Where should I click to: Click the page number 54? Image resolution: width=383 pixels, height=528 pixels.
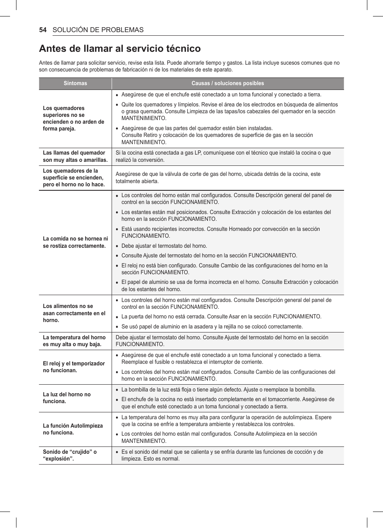43,30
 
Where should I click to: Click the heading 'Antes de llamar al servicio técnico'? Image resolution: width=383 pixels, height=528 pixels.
120,49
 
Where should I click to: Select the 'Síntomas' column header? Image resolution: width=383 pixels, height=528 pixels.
75,84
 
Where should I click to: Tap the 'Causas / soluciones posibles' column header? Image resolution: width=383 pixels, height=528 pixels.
228,84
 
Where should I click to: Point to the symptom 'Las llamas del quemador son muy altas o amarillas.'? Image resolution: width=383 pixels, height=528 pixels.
75,156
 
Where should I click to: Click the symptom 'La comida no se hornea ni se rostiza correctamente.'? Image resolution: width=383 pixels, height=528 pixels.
75,242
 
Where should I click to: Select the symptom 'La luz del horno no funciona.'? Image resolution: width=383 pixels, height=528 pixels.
67,398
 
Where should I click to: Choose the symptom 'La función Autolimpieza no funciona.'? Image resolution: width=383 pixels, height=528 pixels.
73,429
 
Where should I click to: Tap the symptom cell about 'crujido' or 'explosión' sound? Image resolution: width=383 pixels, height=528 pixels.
70,455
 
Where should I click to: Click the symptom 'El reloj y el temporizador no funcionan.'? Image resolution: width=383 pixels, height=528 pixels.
73,367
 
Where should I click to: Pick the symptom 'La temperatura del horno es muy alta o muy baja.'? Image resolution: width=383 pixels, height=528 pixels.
74,341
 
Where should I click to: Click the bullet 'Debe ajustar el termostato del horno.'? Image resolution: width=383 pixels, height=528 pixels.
164,246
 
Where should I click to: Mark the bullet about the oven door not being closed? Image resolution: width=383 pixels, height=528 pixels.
221,316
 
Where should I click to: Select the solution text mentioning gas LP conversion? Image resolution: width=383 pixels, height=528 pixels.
223,156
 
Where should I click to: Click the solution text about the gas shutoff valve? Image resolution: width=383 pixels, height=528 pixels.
218,177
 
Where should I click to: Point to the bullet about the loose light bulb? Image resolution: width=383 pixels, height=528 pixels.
218,389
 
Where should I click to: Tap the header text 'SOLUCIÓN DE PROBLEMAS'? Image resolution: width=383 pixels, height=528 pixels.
98,30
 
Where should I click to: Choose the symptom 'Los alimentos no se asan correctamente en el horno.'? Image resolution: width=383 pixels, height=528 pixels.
74,313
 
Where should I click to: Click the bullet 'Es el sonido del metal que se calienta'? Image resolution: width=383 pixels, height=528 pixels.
222,455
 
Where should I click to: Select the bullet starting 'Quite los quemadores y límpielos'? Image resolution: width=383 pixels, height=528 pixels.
229,111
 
